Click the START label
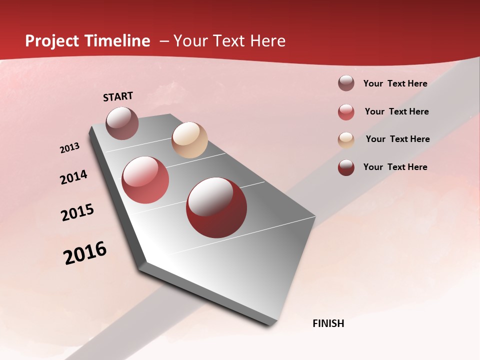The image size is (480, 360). [x=118, y=96]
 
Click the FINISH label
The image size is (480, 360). [x=328, y=323]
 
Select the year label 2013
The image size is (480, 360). [x=70, y=148]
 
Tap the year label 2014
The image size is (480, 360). [x=73, y=177]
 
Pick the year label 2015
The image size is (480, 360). [x=77, y=212]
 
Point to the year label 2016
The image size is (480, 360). [x=85, y=252]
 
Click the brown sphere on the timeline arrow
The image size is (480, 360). [x=122, y=123]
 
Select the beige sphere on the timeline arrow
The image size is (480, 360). [x=189, y=140]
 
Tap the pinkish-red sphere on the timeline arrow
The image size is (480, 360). [x=145, y=180]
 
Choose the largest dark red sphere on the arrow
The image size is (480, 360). [x=216, y=207]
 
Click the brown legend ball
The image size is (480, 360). [x=346, y=83]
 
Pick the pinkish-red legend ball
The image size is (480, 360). [x=346, y=112]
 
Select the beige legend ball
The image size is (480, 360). [x=346, y=140]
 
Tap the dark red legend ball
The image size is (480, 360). [x=346, y=167]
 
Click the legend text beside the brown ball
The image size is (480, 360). [x=395, y=83]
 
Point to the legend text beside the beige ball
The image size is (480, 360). [x=397, y=139]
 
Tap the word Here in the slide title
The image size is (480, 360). [x=267, y=41]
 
